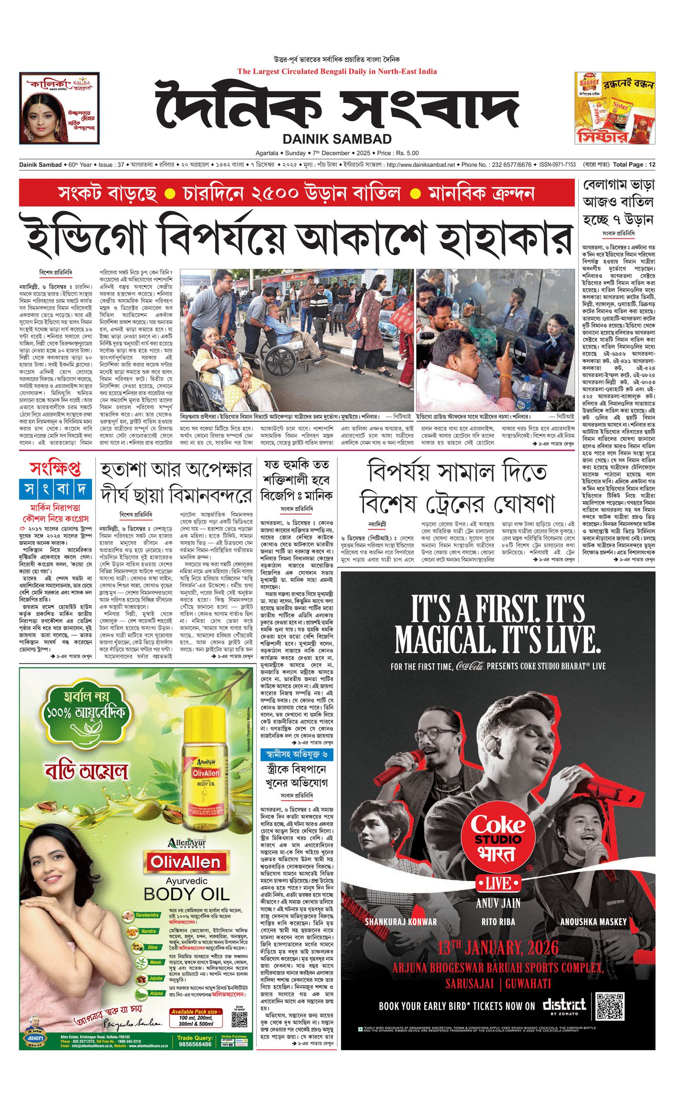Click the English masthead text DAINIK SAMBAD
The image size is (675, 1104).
pos(337,139)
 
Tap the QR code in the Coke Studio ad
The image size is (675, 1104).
pos(610,1006)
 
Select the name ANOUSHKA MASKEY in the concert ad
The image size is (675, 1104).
pos(593,921)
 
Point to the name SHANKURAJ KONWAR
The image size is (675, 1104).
pos(401,921)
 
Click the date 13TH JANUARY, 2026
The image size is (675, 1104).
pos(498,948)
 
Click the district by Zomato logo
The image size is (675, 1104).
pos(564,1006)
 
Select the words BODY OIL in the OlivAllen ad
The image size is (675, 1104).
pos(187,894)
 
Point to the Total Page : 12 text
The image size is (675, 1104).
pos(634,165)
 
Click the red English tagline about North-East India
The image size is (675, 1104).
pos(337,72)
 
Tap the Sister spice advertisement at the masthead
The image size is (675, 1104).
pos(614,108)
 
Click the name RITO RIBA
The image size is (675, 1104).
pos(498,921)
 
